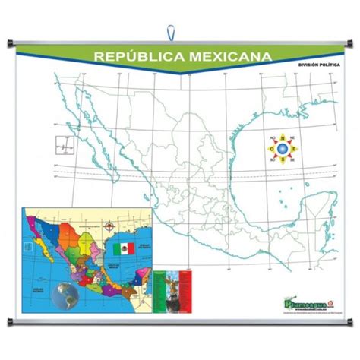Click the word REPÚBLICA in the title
tap(134, 56)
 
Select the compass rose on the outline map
tap(282, 148)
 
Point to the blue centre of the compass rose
tap(282, 148)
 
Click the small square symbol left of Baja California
tap(60, 141)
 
